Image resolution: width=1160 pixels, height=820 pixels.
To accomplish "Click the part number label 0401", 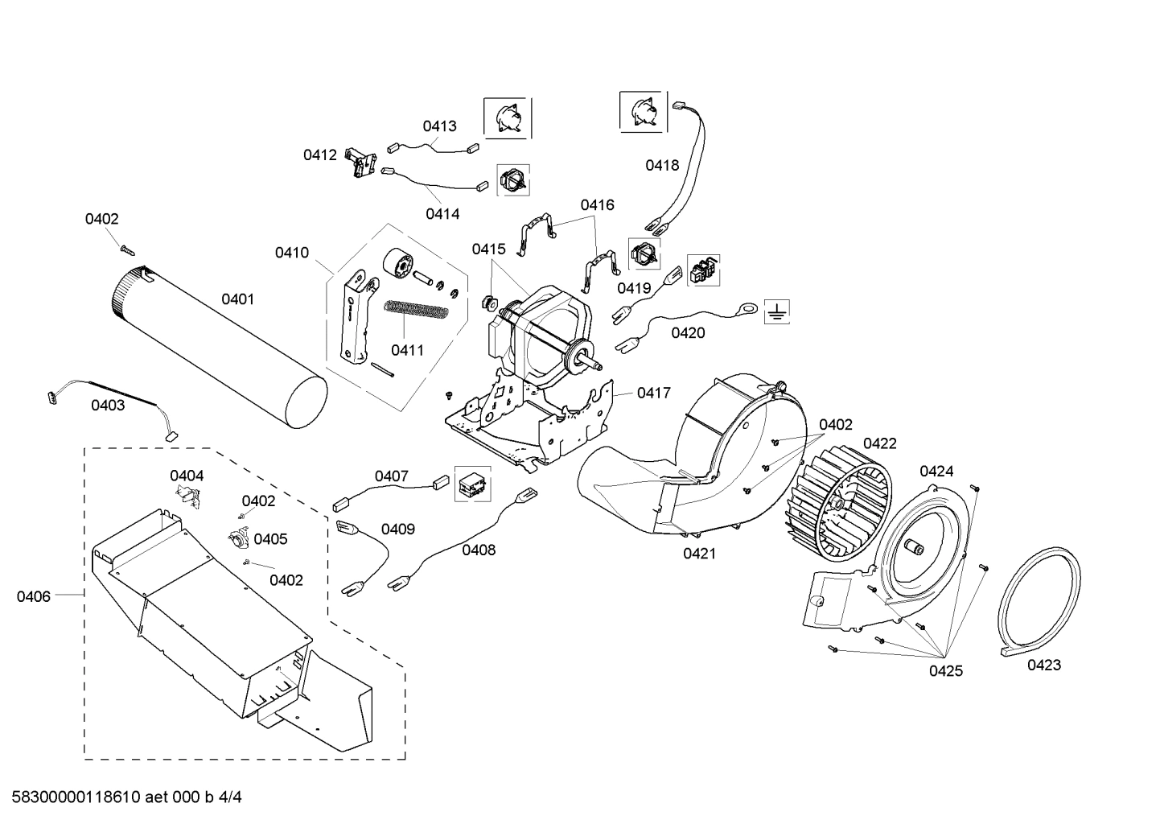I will [x=237, y=299].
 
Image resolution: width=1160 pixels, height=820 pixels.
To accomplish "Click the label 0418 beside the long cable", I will [x=662, y=165].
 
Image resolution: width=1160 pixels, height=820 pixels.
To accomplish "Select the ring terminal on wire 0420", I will [x=747, y=307].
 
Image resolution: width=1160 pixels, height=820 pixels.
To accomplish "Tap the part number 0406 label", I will [x=33, y=596].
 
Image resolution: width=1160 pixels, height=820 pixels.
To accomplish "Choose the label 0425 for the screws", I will [x=945, y=670].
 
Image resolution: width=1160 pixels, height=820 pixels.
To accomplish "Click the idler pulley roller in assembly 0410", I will [x=398, y=265].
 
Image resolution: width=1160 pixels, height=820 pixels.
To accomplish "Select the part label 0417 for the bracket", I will [x=653, y=393].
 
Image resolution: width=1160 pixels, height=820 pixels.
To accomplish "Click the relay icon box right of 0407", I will [x=471, y=484].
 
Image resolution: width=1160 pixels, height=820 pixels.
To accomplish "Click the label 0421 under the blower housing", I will [x=699, y=553].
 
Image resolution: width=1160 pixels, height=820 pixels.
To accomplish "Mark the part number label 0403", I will [x=107, y=405].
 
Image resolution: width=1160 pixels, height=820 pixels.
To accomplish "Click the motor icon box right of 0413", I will [x=507, y=117].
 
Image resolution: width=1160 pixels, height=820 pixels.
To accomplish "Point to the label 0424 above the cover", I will [x=936, y=471].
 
